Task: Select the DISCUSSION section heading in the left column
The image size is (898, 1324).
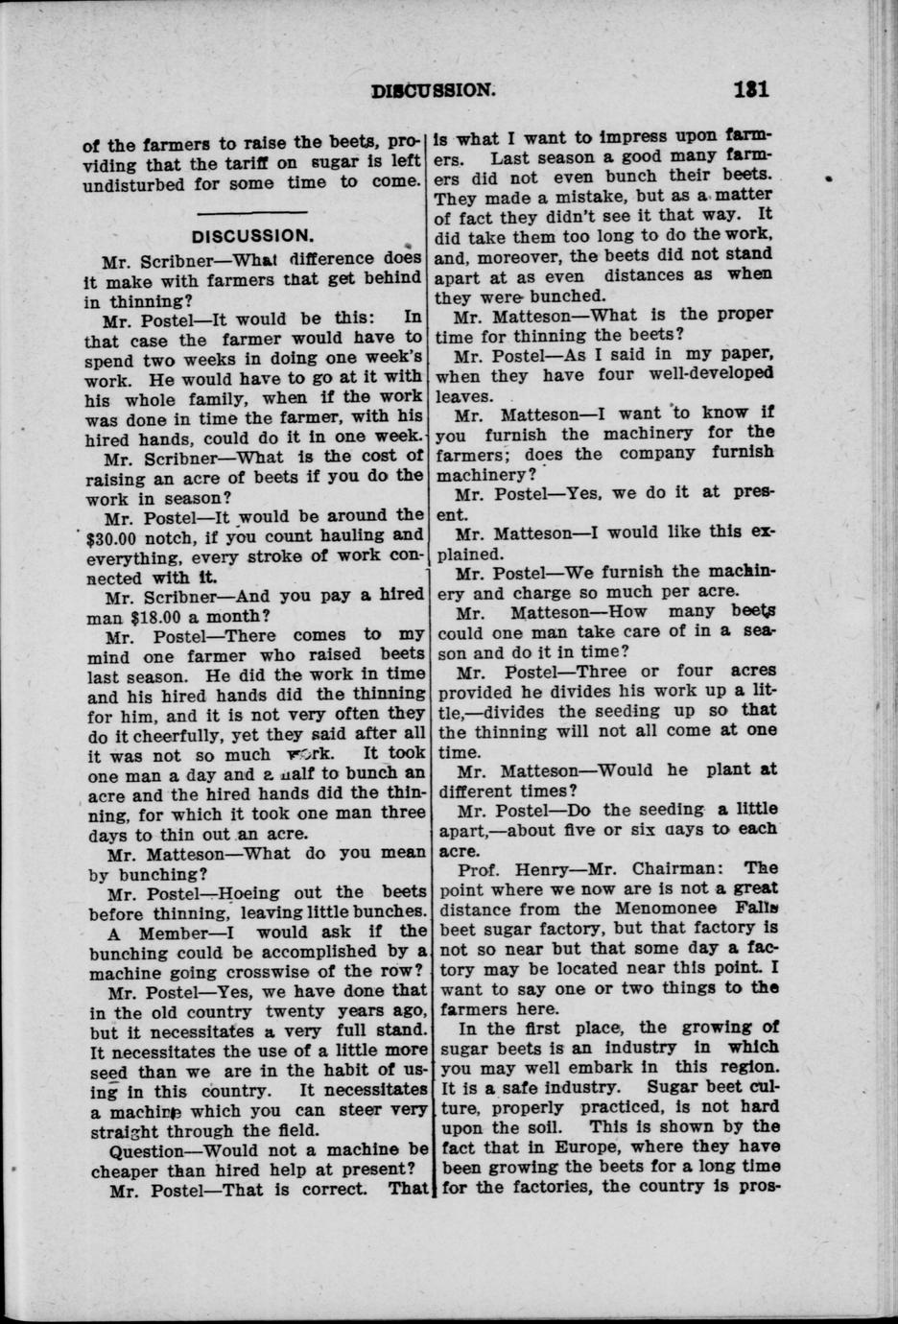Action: pyautogui.click(x=252, y=235)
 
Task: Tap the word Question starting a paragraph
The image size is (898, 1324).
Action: pyautogui.click(x=149, y=1150)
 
